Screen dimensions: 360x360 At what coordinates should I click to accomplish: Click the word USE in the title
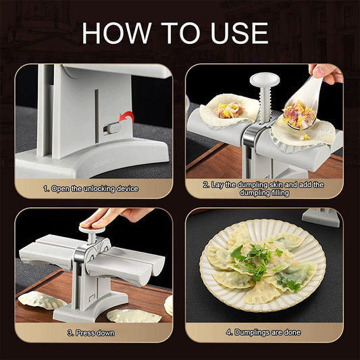236,32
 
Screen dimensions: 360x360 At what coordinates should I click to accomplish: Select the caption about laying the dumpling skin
263,188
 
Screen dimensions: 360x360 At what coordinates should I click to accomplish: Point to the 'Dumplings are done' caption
263,332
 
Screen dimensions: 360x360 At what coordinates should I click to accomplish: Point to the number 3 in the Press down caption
70,332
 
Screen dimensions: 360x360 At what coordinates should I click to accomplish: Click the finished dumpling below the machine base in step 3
134,315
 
